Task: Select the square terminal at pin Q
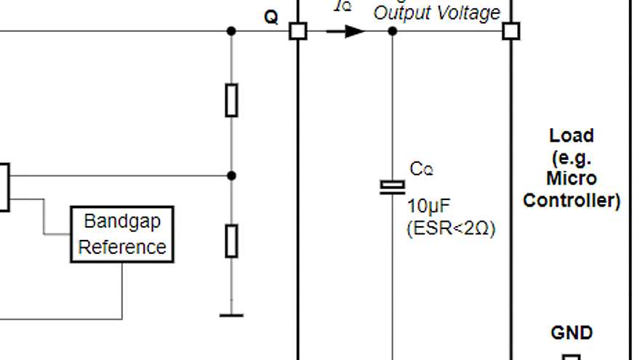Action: (x=298, y=31)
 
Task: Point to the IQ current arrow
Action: (x=345, y=31)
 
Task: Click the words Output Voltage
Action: (x=436, y=13)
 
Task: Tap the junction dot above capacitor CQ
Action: (x=393, y=31)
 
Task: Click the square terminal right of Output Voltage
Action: (x=511, y=31)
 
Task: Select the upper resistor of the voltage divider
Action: (x=231, y=100)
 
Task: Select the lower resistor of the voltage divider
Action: (x=231, y=241)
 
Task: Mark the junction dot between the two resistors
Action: (x=231, y=175)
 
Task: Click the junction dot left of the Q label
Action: (x=231, y=31)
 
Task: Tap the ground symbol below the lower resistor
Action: (x=231, y=314)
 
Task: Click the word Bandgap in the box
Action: (x=122, y=220)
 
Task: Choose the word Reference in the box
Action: (x=122, y=247)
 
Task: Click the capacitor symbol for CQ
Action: (x=393, y=187)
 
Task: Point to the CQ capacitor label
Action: (x=421, y=169)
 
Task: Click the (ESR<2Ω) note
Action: (x=450, y=228)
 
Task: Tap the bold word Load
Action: (x=572, y=135)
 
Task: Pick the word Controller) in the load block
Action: (x=572, y=201)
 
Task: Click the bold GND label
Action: (x=572, y=333)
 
